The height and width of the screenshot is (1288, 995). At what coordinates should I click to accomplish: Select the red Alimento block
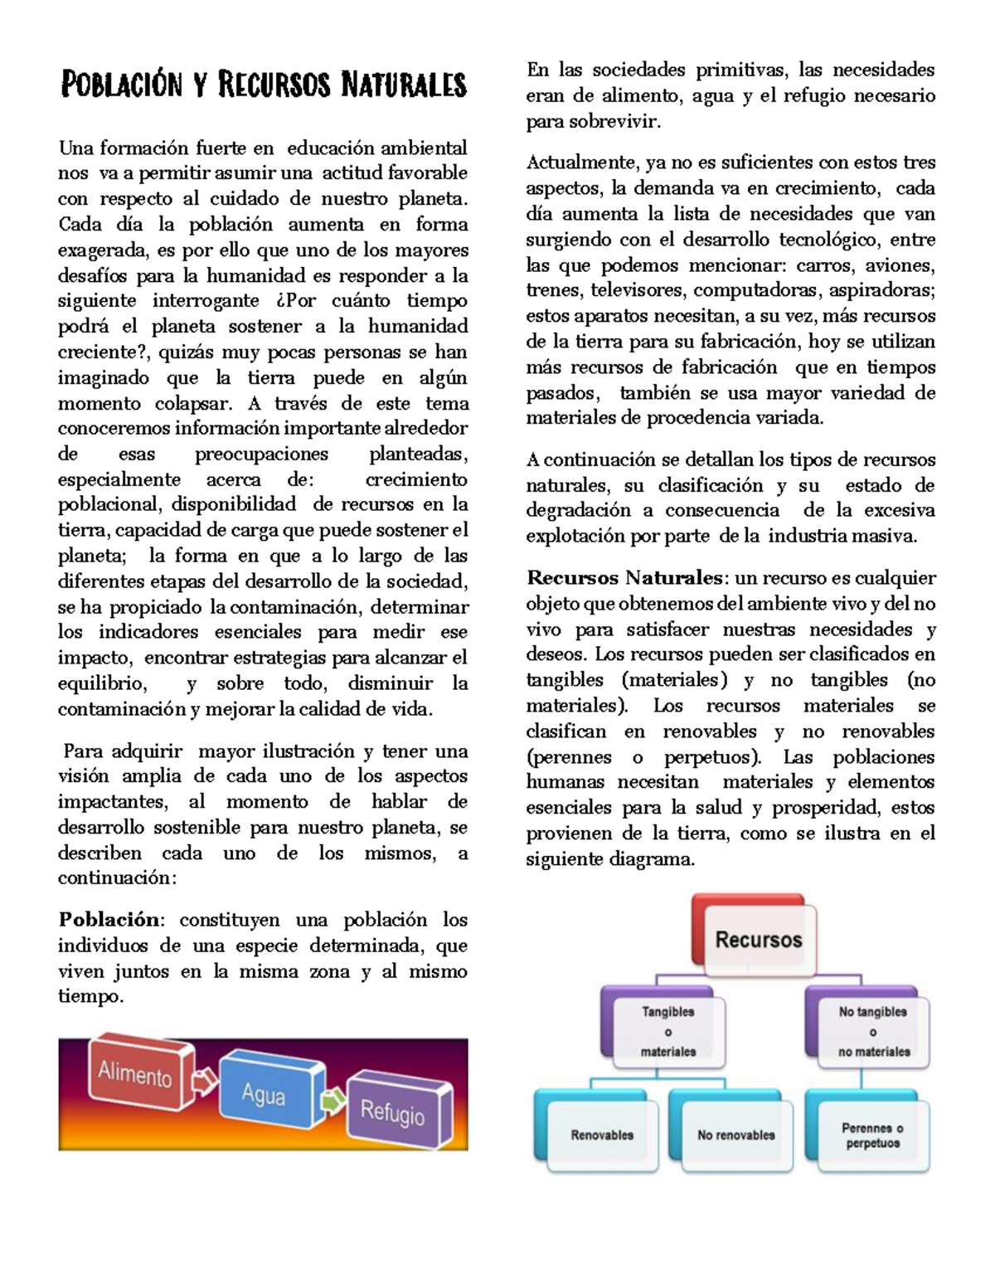[x=137, y=1074]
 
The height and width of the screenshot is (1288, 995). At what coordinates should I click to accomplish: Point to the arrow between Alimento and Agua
[x=204, y=1081]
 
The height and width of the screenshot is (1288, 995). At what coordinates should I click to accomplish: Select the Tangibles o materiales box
[x=667, y=1032]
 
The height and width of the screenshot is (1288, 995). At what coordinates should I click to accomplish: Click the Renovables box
[x=602, y=1135]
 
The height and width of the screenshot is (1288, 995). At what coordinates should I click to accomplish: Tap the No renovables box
[x=735, y=1135]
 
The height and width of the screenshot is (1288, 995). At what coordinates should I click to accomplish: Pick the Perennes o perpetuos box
[x=871, y=1135]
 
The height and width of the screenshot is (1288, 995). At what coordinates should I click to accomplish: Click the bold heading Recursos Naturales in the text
[x=625, y=577]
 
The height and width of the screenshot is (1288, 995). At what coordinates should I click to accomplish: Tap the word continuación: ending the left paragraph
[x=117, y=877]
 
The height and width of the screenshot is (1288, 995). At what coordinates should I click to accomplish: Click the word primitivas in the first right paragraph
[x=741, y=70]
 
